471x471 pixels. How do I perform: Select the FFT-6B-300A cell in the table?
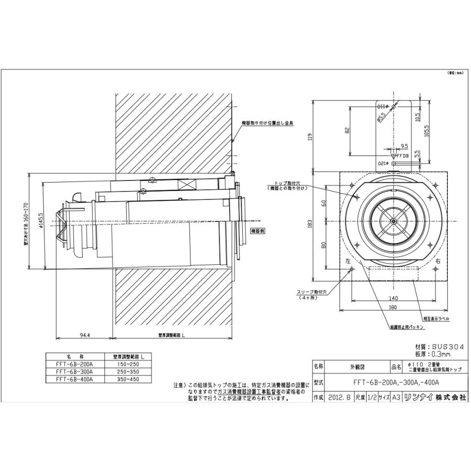[x=76, y=371]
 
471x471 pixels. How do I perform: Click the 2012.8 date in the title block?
[x=340, y=397]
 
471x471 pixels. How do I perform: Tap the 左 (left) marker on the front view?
[x=348, y=261]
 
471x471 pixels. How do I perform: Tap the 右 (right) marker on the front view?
[x=438, y=261]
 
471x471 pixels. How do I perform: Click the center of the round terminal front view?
[x=393, y=221]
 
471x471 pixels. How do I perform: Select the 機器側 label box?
[x=259, y=230]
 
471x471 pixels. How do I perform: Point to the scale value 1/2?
[x=371, y=397]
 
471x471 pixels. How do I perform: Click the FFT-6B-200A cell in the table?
[x=76, y=364]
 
